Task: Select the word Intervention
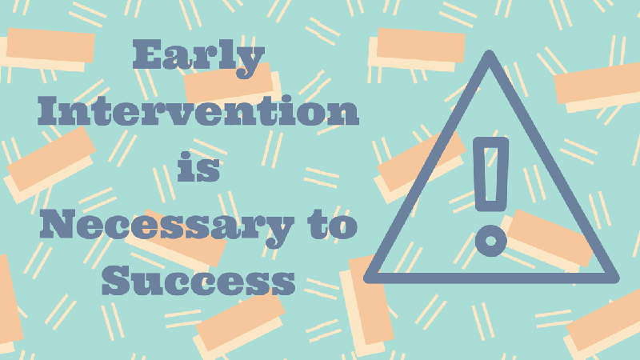[x=198, y=110]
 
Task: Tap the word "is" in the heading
[x=198, y=166]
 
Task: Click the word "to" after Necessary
[x=333, y=226]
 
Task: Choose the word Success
[x=198, y=280]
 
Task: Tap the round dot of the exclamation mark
[x=491, y=241]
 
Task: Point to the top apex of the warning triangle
[x=489, y=51]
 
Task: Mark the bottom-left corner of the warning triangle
[x=366, y=279]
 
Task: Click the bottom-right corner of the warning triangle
[x=617, y=279]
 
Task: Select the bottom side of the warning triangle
[x=491, y=278]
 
